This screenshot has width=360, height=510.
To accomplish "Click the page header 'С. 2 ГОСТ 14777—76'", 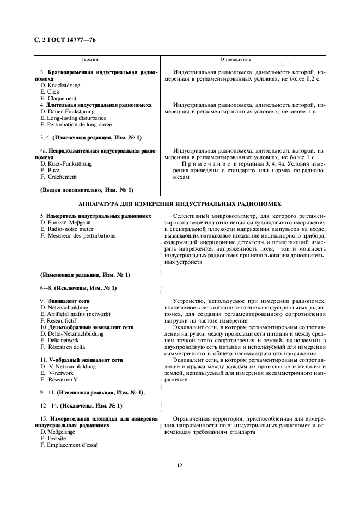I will pyautogui.click(x=60, y=41).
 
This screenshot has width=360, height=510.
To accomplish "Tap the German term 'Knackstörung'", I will pyautogui.click(x=63, y=86).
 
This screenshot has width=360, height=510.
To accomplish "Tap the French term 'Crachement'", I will pyautogui.click(x=62, y=177).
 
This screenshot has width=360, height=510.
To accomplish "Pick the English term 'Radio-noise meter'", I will pyautogui.click(x=69, y=229).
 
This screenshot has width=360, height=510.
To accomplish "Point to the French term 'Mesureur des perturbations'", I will pyautogui.click(x=77, y=236).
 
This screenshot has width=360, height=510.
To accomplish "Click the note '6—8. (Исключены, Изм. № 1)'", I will pyautogui.click(x=78, y=287).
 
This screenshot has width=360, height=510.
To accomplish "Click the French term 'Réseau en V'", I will pyautogui.click(x=61, y=379).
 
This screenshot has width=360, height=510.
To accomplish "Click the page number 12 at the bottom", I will pyautogui.click(x=179, y=465).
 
